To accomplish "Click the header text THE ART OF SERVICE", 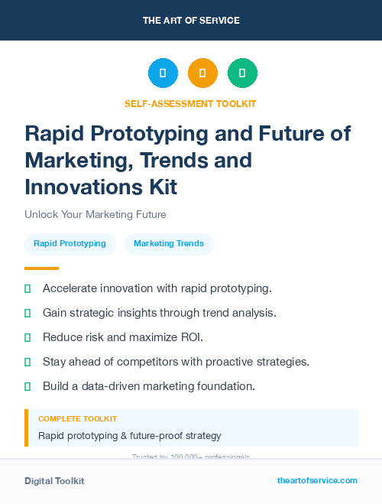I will tap(191, 20).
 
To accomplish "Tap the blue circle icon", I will tap(163, 73).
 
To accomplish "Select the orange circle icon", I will tap(202, 73).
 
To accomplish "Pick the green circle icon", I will tap(242, 73).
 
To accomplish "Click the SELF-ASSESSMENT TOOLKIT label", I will tap(190, 103).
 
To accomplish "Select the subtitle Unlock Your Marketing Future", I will tap(95, 214).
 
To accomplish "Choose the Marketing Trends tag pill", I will tap(169, 244).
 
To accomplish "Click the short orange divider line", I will tap(41, 268).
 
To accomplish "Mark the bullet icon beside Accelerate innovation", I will tap(28, 288).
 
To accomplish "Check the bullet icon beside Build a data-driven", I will tap(28, 386).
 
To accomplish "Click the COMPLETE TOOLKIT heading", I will tap(77, 419).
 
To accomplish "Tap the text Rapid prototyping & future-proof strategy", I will tap(129, 436).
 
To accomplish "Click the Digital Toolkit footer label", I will tap(54, 481).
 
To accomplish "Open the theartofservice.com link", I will tap(317, 480).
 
